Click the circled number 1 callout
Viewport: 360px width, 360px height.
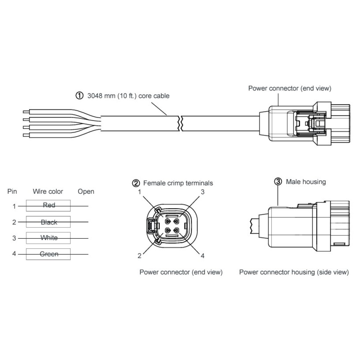point(78,96)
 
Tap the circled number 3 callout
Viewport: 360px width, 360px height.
point(278,181)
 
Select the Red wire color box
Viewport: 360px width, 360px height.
point(49,205)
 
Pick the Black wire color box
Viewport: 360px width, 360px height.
point(49,222)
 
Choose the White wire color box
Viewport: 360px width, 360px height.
point(49,238)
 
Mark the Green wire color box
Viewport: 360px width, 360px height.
point(49,254)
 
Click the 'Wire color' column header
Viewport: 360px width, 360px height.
point(48,191)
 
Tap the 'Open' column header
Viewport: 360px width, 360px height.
point(86,191)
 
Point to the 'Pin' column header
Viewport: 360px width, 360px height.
point(12,191)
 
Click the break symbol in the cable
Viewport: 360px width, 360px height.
point(181,123)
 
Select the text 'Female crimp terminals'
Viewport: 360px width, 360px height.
point(178,183)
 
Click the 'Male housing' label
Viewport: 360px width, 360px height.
point(306,182)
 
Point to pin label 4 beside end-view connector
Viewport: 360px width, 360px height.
point(203,256)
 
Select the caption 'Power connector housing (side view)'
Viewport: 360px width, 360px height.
point(294,272)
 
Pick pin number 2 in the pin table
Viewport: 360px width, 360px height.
point(14,222)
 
